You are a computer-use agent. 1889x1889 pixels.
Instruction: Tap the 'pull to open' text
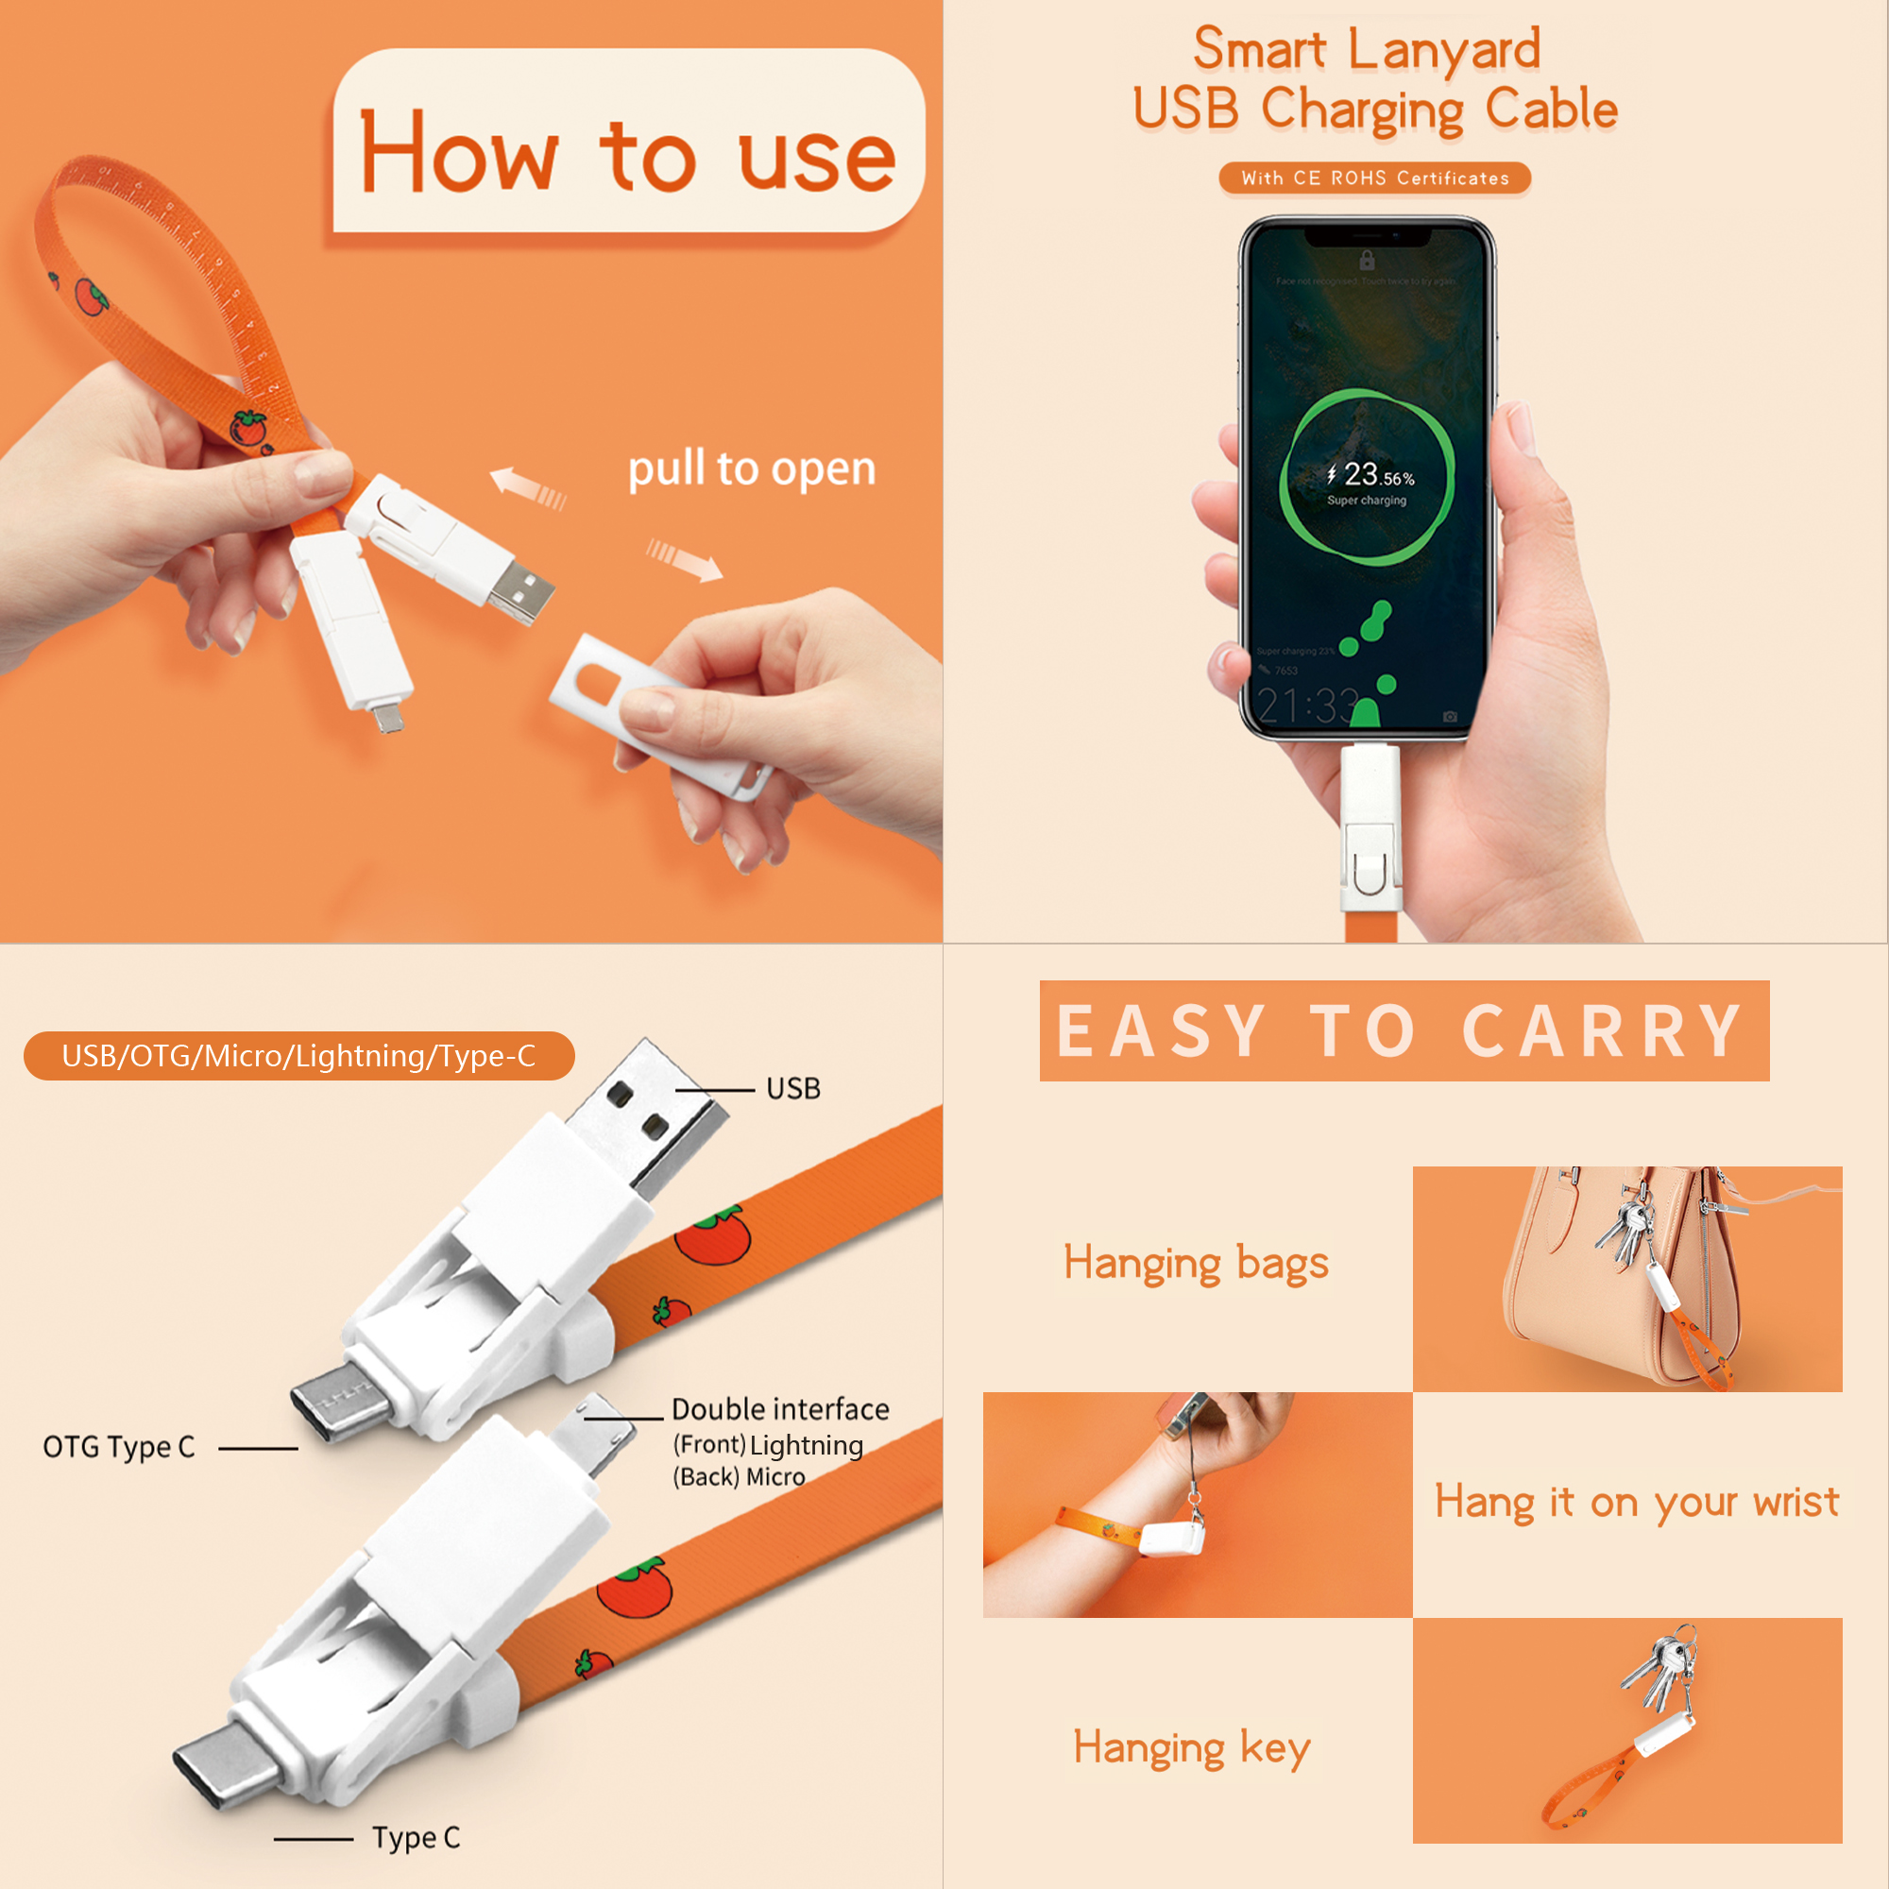(751, 469)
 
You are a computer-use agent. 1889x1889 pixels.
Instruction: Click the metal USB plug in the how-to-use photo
(520, 589)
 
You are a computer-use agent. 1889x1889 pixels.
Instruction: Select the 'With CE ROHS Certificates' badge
(1373, 178)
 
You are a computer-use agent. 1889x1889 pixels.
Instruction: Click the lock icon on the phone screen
(1367, 259)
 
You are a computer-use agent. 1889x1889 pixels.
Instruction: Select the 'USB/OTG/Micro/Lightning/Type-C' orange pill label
(298, 1056)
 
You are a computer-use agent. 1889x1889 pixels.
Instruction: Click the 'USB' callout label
(793, 1089)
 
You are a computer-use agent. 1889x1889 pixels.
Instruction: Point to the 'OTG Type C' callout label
(119, 1447)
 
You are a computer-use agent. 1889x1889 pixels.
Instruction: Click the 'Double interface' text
(780, 1410)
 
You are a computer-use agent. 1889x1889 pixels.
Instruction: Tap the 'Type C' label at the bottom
(416, 1838)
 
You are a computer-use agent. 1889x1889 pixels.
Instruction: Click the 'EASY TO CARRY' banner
(1404, 1030)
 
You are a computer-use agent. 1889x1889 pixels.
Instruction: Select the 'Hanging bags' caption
(1196, 1263)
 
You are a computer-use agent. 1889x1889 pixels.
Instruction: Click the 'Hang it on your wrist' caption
(1636, 1502)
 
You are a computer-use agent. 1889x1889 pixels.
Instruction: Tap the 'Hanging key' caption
(1191, 1747)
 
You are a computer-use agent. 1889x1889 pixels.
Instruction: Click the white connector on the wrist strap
(1170, 1538)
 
